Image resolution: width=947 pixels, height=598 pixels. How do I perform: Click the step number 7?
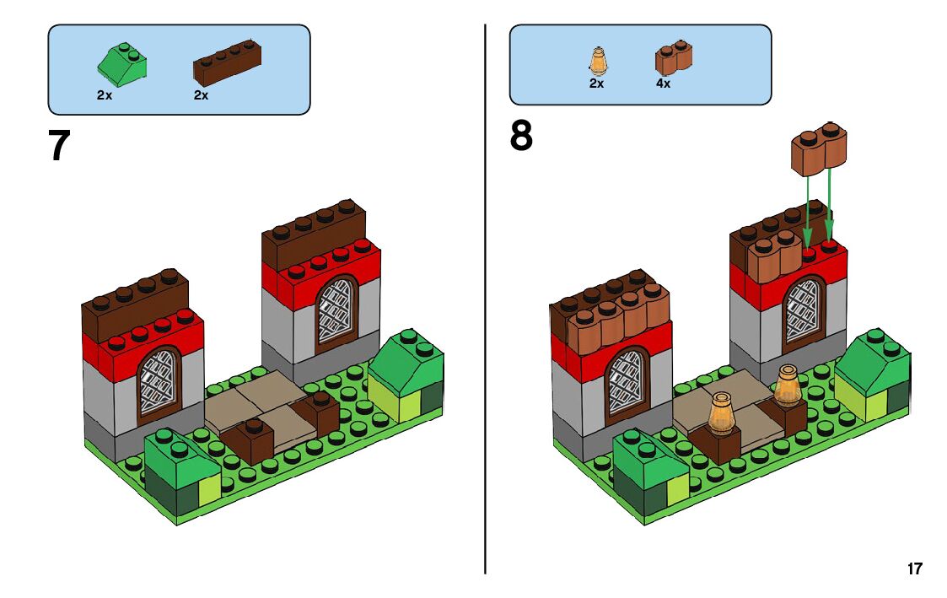pos(59,145)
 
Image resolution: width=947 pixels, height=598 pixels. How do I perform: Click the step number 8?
pos(521,137)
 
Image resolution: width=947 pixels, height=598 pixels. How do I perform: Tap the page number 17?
pos(915,568)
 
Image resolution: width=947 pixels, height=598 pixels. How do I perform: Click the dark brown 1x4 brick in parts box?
pos(227,63)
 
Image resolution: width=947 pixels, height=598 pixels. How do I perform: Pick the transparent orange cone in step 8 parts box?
pos(597,62)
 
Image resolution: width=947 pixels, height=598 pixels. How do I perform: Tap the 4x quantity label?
pos(663,84)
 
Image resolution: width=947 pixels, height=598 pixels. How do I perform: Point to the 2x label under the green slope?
pos(105,95)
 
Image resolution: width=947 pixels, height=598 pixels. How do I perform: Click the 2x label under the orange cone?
pos(596,84)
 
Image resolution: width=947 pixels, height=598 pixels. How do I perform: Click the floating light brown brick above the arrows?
pos(819,149)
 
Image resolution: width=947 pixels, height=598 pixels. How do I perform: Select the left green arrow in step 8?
pos(807,207)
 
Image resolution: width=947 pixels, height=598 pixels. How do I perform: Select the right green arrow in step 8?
pos(830,202)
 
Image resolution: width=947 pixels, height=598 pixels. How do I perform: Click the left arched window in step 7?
pos(159,382)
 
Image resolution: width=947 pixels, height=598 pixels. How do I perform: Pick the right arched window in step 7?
pos(336,309)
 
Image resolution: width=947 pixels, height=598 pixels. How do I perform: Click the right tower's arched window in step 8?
pos(802,312)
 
